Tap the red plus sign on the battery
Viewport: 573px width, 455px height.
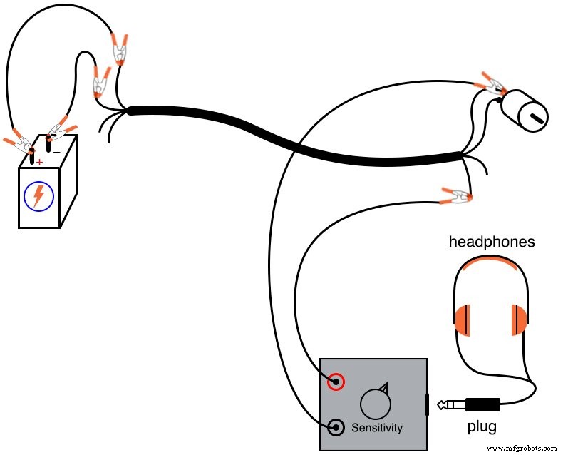tap(39, 162)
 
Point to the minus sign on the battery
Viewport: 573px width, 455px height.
tap(56, 151)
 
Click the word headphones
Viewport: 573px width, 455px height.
tap(491, 242)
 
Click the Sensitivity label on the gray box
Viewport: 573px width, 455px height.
tap(376, 428)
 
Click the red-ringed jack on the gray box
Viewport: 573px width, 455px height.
tap(335, 382)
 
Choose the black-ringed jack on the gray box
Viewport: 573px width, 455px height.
tap(335, 428)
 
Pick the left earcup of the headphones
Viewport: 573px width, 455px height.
tap(463, 319)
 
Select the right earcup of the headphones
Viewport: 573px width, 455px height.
tap(518, 319)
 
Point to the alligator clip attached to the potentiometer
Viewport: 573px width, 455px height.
tap(490, 84)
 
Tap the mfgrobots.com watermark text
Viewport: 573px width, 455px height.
tap(525, 448)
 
